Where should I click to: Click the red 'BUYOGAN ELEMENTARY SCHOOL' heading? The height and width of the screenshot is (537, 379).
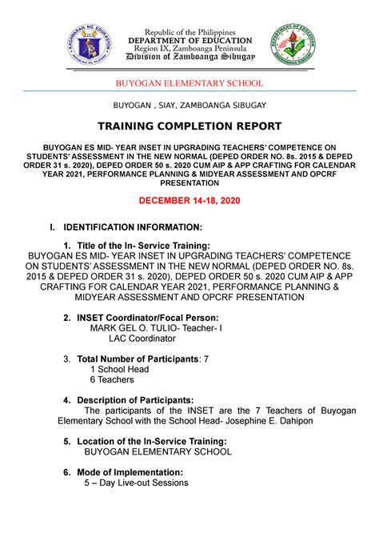click(x=189, y=83)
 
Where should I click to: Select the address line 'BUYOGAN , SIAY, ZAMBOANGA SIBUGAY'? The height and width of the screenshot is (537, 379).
click(x=189, y=105)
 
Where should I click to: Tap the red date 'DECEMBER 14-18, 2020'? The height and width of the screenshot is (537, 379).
click(x=189, y=199)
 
